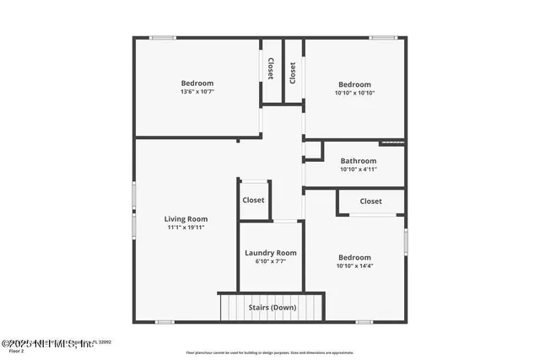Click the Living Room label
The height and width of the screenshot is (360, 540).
click(x=186, y=219)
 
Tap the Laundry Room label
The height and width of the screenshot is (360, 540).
click(x=271, y=253)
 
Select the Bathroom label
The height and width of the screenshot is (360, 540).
click(x=359, y=161)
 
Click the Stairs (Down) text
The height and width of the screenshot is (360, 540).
click(x=272, y=308)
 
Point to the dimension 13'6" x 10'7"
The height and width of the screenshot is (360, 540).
click(x=197, y=92)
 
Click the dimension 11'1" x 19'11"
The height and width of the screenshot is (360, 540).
click(x=186, y=228)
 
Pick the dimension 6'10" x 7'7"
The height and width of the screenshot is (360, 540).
click(x=271, y=261)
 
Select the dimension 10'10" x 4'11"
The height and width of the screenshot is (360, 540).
click(x=359, y=169)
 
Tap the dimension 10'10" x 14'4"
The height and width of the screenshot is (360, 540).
click(x=354, y=266)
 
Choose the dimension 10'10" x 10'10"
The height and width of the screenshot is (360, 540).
click(x=355, y=93)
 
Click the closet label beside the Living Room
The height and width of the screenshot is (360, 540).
click(x=253, y=201)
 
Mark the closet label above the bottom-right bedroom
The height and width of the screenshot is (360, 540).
click(x=370, y=201)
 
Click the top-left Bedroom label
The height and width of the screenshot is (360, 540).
click(x=197, y=83)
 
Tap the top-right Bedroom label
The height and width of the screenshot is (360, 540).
click(x=355, y=84)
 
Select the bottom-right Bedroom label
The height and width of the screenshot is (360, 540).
click(x=354, y=258)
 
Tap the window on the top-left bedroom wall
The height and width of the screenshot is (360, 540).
click(x=163, y=37)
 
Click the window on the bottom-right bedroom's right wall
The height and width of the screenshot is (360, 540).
click(x=406, y=241)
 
